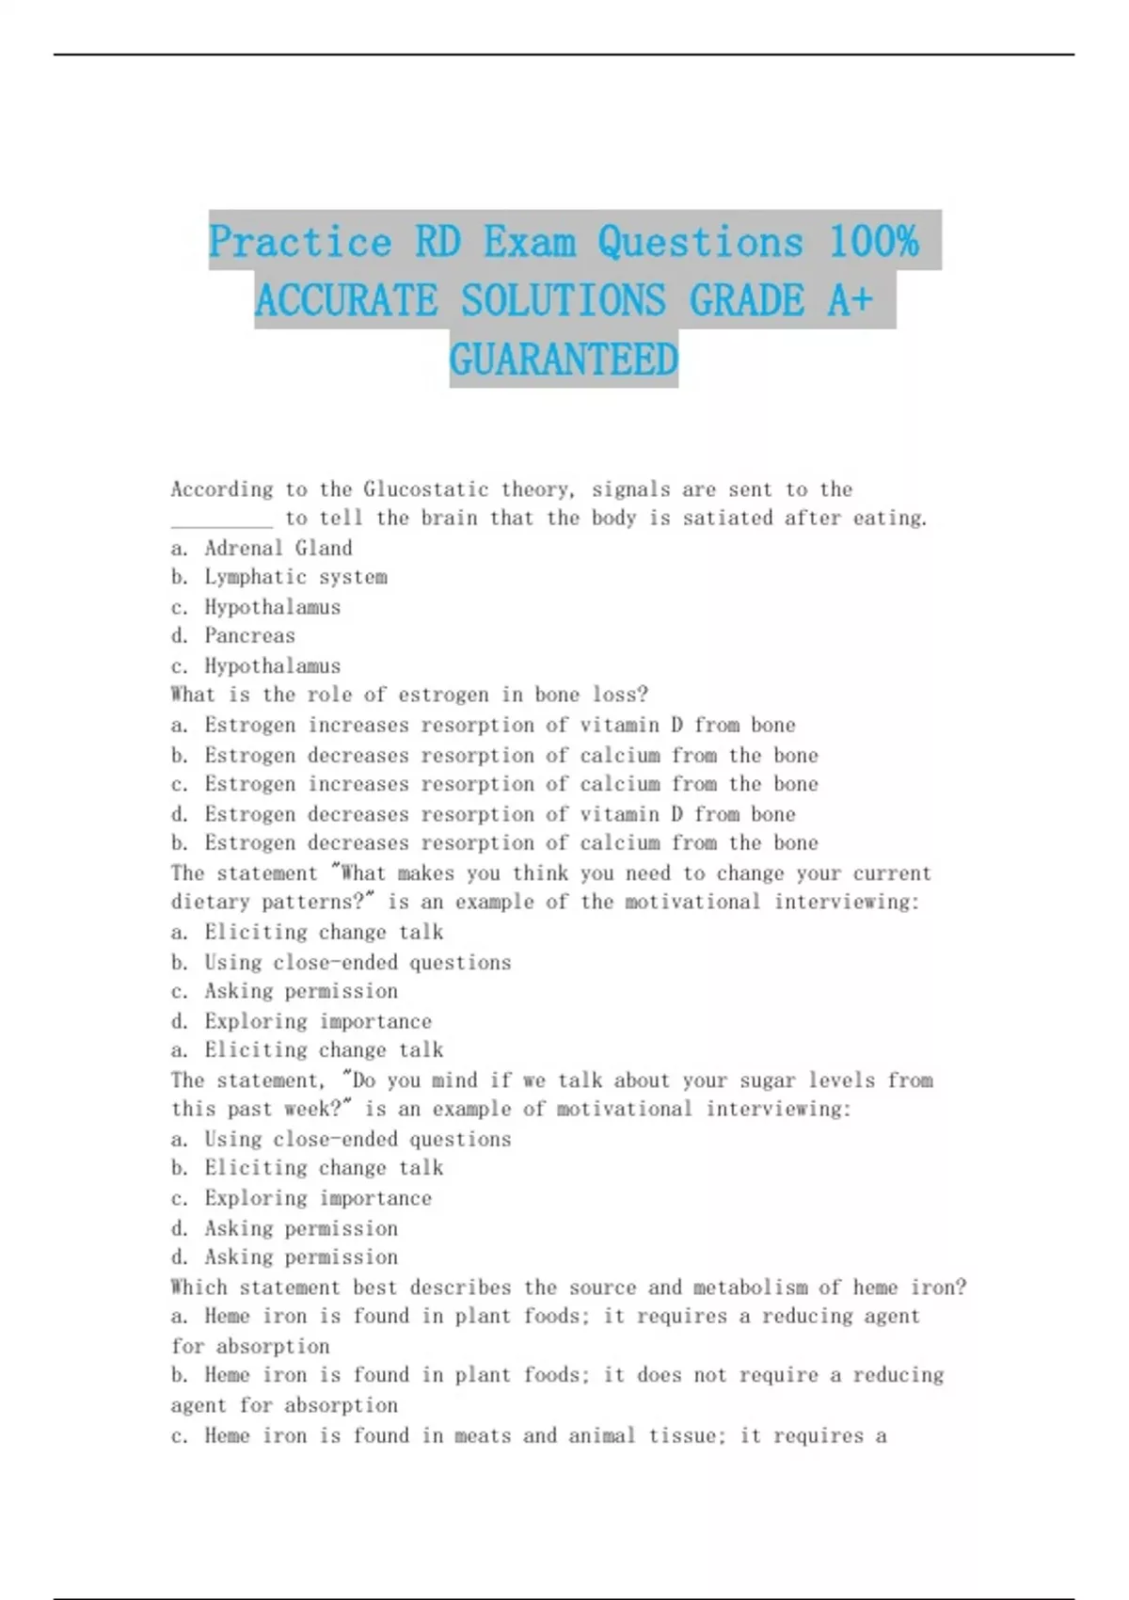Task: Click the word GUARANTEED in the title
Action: tap(564, 360)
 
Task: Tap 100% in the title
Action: tap(874, 242)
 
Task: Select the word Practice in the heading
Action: tap(299, 242)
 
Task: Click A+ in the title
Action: tap(851, 301)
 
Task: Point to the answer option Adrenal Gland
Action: tap(278, 548)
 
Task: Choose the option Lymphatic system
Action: tap(295, 577)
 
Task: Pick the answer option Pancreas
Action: tap(249, 635)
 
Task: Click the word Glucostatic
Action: tap(426, 489)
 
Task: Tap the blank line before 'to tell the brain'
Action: tap(222, 519)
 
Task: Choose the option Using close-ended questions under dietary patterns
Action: tap(358, 962)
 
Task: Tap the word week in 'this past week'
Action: tap(307, 1109)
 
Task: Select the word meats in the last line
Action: tap(483, 1435)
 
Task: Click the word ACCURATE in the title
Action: tap(346, 301)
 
